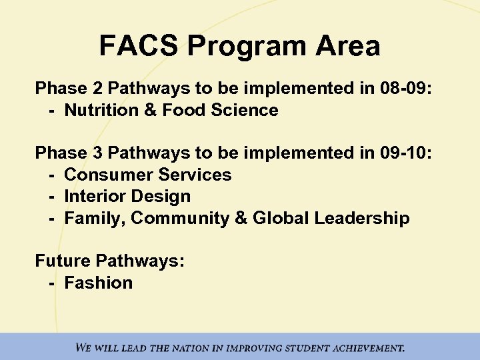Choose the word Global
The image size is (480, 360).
(x=277, y=218)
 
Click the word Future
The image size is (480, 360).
(x=63, y=261)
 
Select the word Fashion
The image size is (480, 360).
(x=99, y=283)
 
